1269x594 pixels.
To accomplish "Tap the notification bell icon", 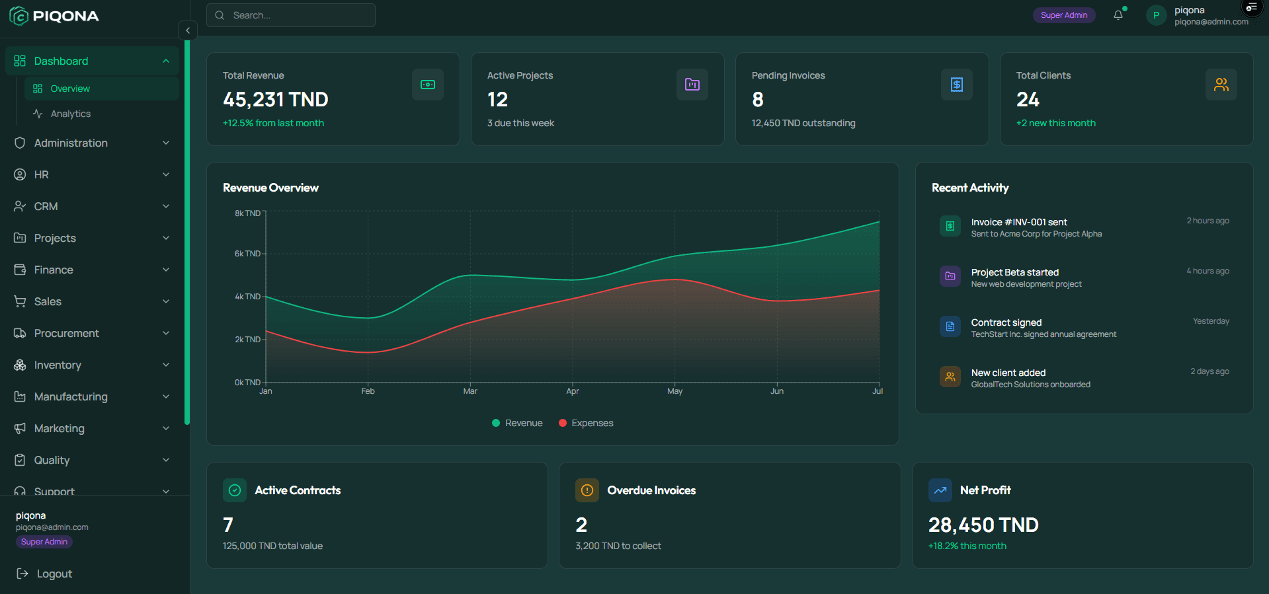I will [1118, 15].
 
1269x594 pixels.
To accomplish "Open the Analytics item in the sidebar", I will [70, 114].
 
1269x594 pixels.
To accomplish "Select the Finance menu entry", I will [54, 270].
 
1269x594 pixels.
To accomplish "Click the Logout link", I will [54, 574].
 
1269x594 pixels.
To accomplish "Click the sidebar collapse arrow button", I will [188, 30].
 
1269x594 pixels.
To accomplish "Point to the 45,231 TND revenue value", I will [275, 100].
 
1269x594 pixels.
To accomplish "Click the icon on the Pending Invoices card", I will [956, 85].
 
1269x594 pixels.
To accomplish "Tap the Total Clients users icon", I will [1221, 85].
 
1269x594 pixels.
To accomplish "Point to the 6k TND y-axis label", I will [247, 254].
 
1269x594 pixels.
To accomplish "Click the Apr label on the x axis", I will [572, 391].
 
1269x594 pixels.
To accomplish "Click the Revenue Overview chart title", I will [270, 188].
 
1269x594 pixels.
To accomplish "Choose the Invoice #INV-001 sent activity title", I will [1018, 222].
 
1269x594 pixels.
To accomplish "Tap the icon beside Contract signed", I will [950, 326].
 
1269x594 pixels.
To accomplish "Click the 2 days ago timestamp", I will [1209, 371].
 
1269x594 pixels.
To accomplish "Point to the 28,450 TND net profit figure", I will [983, 525].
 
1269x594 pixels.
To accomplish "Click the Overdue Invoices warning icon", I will [587, 490].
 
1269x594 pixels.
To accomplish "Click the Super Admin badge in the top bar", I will [1063, 15].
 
